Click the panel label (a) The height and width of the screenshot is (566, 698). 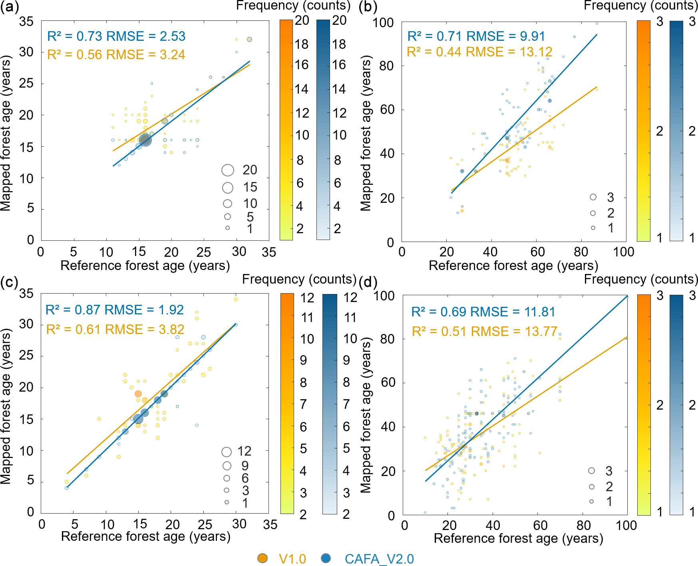[9, 8]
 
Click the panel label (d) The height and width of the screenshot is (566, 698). [368, 282]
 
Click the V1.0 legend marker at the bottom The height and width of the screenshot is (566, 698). [262, 558]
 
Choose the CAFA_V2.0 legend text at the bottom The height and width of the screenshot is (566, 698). [379, 559]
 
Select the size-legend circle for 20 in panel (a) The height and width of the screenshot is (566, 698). [228, 170]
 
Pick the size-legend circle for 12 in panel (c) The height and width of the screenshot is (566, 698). [227, 452]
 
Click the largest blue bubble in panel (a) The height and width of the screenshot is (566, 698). [145, 140]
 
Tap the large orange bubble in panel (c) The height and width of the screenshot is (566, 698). [138, 394]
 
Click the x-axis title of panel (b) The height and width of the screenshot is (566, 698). [513, 266]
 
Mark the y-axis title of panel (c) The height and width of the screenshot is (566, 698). [6, 406]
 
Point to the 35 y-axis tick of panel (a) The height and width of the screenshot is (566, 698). [26, 21]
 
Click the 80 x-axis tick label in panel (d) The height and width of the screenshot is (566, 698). [583, 525]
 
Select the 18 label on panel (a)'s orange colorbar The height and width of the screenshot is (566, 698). [302, 44]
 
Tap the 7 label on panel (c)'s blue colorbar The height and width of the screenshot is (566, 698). [346, 404]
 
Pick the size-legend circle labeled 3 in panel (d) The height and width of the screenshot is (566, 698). [592, 471]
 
